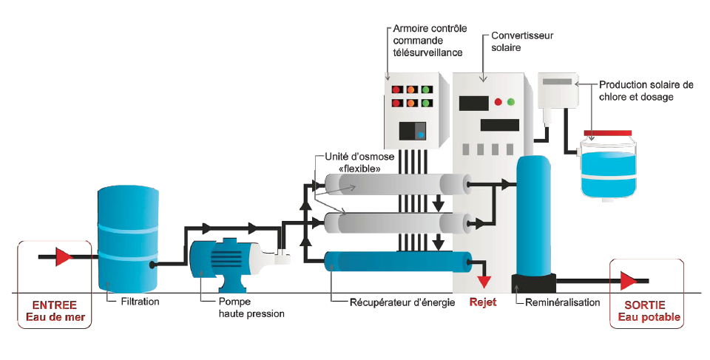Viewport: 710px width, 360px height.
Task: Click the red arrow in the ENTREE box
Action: point(63,257)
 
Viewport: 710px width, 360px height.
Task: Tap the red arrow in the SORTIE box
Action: point(629,281)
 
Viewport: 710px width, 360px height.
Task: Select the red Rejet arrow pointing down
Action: point(484,280)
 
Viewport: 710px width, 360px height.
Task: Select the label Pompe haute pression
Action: point(251,308)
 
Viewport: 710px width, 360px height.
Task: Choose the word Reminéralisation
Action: point(563,302)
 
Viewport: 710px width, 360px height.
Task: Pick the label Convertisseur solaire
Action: point(521,41)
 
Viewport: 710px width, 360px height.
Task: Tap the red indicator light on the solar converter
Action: point(498,101)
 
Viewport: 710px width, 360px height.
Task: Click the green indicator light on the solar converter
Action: point(510,101)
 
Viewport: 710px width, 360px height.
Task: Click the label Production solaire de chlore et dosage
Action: point(646,91)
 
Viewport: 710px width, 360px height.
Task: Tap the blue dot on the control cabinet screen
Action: point(421,135)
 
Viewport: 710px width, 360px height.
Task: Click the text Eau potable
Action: point(649,318)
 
